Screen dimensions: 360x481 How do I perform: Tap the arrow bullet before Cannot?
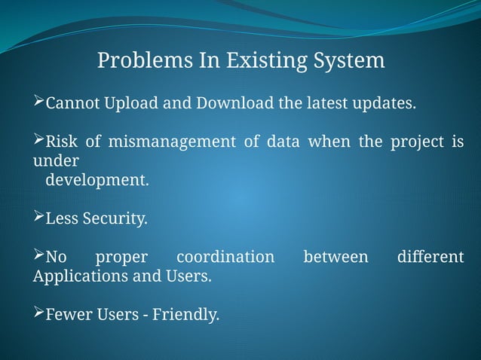39,102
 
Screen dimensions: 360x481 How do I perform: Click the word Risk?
63,142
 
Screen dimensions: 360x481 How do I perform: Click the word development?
97,181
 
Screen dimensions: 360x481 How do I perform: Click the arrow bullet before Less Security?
39,219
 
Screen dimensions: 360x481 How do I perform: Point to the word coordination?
225,258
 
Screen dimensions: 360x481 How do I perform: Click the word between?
335,258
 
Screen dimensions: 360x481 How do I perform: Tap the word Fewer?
69,315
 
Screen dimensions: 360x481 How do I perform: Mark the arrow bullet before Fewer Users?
39,314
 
